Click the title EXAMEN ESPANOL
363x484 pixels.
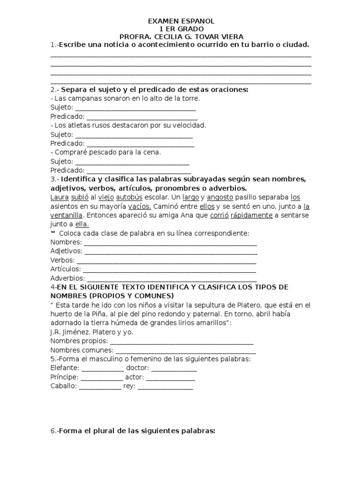pos(181,21)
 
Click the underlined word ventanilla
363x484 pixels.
pos(67,215)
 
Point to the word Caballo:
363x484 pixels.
pos(63,386)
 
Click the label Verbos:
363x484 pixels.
pos(62,260)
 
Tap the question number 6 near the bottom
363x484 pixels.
pos(52,431)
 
